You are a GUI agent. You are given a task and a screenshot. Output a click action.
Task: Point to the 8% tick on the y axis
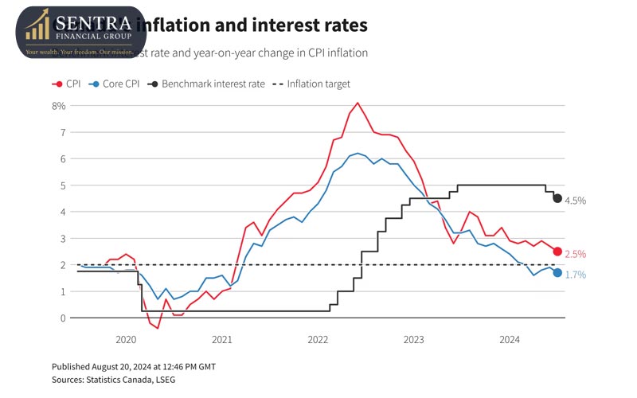click(58, 105)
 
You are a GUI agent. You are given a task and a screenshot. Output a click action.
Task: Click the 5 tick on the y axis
click(61, 185)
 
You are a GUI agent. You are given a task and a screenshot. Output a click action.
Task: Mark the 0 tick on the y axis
click(61, 318)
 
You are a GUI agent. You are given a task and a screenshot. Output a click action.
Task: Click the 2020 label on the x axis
click(126, 340)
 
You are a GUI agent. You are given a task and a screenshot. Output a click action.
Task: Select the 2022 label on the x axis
click(318, 340)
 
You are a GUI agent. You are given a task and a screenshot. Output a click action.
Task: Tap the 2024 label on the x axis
click(510, 340)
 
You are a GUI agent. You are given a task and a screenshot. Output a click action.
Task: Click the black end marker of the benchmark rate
click(557, 198)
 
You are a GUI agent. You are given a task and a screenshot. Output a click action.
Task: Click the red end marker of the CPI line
click(557, 252)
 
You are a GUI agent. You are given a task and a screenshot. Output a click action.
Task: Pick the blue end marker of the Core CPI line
click(557, 273)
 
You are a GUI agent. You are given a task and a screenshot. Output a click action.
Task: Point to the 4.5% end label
click(575, 201)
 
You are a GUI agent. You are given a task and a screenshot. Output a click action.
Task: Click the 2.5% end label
click(575, 255)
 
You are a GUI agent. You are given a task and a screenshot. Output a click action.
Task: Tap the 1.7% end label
click(575, 275)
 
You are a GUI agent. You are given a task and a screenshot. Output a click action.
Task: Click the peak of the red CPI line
click(358, 103)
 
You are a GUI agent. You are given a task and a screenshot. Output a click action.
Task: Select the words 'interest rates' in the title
click(311, 25)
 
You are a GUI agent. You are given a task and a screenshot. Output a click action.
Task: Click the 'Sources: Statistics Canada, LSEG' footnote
click(115, 379)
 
